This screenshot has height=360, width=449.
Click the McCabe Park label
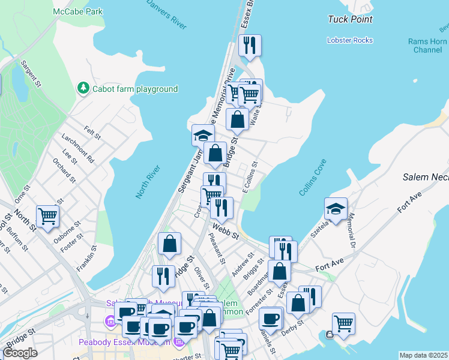tap(77, 11)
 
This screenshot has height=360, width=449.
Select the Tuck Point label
tap(350, 19)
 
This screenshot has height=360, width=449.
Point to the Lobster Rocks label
tap(350, 40)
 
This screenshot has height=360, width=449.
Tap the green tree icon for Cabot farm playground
tap(83, 89)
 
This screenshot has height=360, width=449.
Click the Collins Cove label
tap(312, 176)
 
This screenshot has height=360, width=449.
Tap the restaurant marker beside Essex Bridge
tap(249, 46)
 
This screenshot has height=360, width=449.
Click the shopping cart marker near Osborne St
tap(47, 217)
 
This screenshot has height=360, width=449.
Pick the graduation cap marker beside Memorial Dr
tap(336, 209)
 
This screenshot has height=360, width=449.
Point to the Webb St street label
tap(224, 229)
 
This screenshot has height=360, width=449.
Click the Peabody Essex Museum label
tap(124, 342)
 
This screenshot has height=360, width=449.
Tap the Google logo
tap(20, 353)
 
